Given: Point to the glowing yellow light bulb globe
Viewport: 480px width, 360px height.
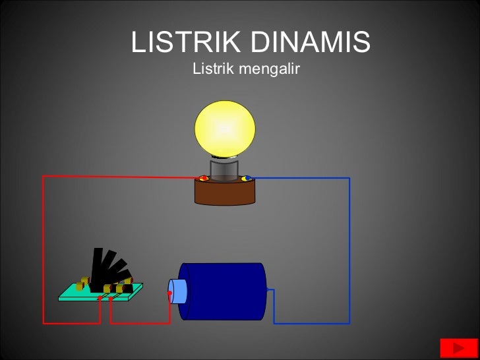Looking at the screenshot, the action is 225,129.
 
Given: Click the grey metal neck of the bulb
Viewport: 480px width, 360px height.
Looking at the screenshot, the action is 225,169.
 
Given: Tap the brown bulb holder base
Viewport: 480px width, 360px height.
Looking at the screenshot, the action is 225,192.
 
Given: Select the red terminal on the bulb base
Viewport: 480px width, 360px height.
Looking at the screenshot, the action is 204,178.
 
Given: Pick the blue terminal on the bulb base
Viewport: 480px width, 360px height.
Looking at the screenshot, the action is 246,178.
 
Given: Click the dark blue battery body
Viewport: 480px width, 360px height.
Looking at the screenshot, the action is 224,291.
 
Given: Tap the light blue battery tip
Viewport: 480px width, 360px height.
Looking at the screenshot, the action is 178,291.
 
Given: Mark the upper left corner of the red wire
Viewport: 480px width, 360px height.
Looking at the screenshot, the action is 44,177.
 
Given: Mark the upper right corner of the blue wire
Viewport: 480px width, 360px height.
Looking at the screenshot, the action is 349,178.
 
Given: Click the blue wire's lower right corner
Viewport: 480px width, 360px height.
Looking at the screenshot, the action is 349,323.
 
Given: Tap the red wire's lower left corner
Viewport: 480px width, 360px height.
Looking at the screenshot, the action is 44,323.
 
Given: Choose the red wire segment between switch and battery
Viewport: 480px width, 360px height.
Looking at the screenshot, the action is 140,323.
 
